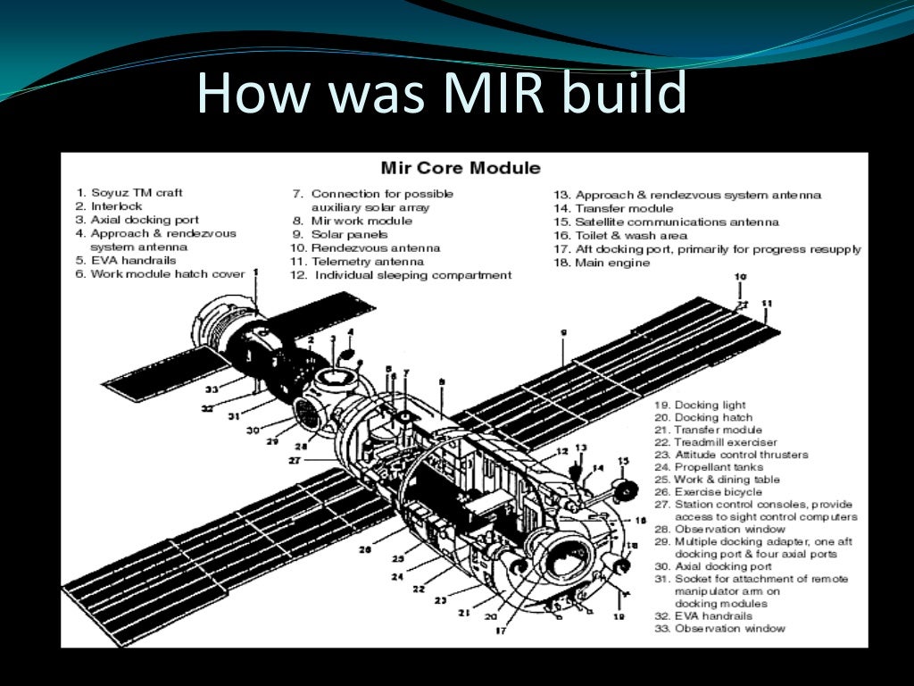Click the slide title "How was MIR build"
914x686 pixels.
point(442,92)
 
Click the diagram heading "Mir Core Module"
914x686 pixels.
point(460,168)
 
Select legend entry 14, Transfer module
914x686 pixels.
point(613,208)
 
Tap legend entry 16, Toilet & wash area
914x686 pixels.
point(619,236)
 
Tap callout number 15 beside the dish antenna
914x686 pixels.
point(623,462)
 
